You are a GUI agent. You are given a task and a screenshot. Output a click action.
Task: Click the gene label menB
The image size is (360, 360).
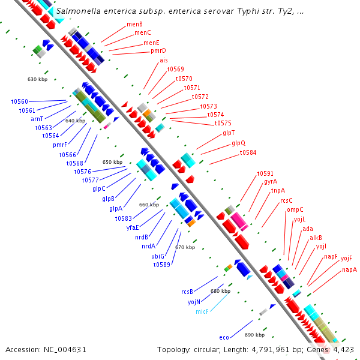point(134,24)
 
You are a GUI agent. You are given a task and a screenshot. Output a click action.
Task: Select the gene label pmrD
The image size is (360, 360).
point(158,51)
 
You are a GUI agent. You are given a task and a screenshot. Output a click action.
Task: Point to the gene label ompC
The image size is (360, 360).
point(295,209)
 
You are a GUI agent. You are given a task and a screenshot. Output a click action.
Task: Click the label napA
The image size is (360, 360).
point(349,270)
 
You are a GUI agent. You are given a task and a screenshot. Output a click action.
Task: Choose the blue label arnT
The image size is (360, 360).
point(37,119)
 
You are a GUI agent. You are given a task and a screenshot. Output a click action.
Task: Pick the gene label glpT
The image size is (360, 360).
point(229,133)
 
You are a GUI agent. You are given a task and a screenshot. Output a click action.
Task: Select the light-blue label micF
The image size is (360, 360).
point(202,312)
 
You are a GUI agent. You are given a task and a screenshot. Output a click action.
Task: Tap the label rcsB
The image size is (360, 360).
point(187,292)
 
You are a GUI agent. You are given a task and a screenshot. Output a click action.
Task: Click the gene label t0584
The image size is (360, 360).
point(248,153)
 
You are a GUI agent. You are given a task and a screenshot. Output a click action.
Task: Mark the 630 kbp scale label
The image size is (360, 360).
point(37,79)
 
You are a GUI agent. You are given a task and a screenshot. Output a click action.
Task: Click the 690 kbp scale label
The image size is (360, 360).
point(254,334)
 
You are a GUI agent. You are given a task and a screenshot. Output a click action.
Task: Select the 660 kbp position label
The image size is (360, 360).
point(149,205)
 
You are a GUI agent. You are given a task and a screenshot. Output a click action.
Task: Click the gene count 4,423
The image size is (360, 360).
point(344,349)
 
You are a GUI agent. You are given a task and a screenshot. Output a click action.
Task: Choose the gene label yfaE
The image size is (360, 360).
point(133,227)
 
